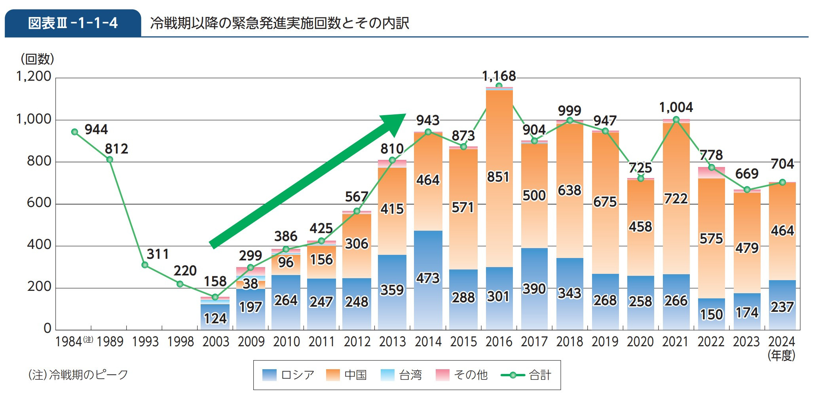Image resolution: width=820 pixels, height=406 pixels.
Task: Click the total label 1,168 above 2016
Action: [x=499, y=76]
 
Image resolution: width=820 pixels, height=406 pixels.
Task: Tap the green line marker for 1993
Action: [x=145, y=265]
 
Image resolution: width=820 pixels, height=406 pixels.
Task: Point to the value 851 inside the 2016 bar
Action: [x=498, y=177]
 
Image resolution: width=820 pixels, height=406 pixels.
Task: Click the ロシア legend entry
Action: [x=289, y=375]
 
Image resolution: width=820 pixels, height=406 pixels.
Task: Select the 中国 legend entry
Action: [x=347, y=375]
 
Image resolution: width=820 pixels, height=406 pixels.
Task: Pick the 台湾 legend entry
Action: [x=401, y=375]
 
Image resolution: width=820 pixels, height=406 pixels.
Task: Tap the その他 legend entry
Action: [x=461, y=375]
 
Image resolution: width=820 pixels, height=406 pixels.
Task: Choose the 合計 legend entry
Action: [x=526, y=375]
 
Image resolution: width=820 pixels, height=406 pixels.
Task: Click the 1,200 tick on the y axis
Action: [x=34, y=76]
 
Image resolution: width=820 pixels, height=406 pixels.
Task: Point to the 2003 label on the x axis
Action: [x=216, y=341]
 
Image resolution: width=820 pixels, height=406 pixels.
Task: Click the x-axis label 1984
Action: [x=69, y=341]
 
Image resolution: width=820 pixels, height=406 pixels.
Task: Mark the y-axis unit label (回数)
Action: [x=37, y=59]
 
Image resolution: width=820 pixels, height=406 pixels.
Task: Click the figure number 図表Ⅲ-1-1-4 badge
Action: [x=73, y=23]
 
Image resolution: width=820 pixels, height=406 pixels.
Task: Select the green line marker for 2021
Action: [x=676, y=120]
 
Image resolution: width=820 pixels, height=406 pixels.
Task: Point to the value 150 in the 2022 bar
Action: [x=711, y=315]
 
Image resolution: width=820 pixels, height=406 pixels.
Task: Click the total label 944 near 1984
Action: [x=96, y=129]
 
